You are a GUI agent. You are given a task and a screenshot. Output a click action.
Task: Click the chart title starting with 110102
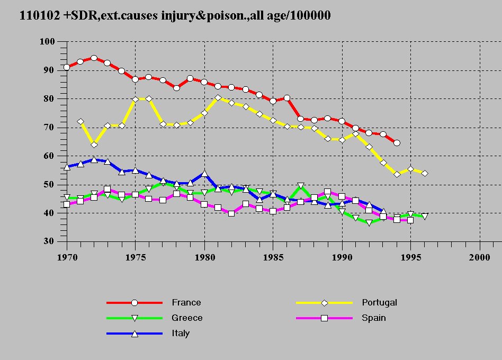[175, 16]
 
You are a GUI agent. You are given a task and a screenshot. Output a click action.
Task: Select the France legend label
[186, 303]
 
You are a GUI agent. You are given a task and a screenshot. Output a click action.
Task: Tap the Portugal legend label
[379, 303]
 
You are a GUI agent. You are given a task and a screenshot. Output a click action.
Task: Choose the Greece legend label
[187, 318]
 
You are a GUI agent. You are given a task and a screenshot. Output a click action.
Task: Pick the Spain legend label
[374, 318]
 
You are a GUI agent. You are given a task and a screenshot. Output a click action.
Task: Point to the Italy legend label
[181, 334]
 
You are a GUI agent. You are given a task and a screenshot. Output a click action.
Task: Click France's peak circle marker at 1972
[94, 58]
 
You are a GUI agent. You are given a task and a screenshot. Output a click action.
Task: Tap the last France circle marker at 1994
[397, 143]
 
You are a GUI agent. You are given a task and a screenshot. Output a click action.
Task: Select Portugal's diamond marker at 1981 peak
[218, 97]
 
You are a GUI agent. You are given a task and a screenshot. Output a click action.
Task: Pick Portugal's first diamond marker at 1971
[80, 122]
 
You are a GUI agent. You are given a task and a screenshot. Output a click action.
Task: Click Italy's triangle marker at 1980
[204, 174]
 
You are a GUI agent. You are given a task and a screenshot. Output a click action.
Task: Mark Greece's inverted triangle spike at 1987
[301, 186]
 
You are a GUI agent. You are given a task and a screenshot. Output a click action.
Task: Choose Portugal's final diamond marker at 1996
[425, 174]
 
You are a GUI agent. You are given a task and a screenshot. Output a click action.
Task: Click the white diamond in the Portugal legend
[325, 303]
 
